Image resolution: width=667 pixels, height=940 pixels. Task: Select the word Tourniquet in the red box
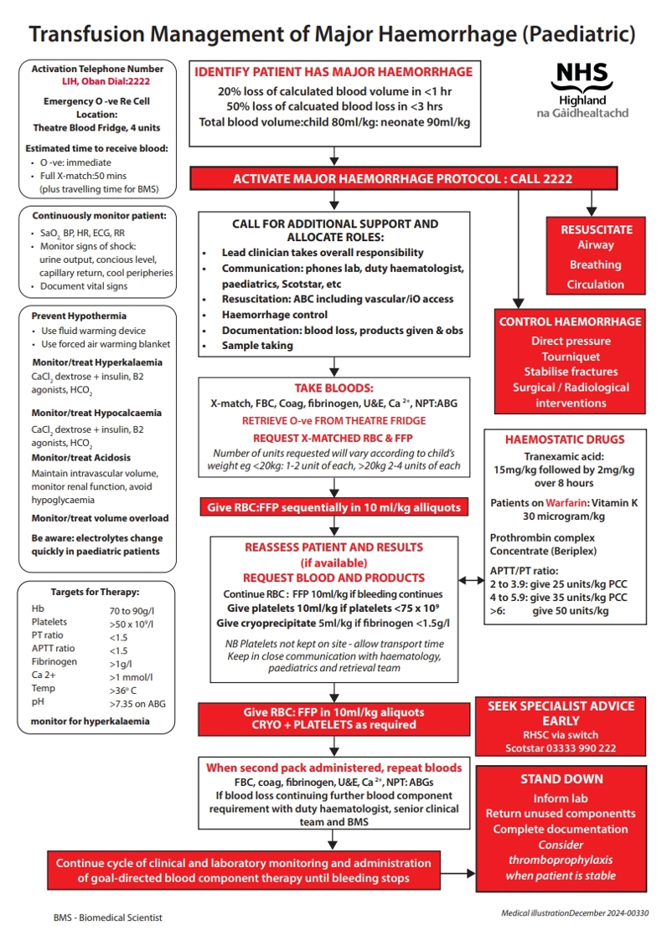(571, 357)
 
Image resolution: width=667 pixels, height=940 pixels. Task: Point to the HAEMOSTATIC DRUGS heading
(564, 439)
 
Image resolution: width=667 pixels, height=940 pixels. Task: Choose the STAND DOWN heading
(561, 779)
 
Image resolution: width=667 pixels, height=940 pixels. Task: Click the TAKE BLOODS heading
(333, 388)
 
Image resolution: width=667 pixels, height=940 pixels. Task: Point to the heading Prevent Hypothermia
(79, 316)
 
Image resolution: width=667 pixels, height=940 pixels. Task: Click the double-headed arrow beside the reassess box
(470, 580)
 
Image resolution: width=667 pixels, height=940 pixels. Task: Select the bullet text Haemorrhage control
(274, 315)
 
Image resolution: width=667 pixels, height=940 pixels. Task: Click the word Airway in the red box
(595, 245)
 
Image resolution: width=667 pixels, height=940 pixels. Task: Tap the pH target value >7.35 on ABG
(137, 704)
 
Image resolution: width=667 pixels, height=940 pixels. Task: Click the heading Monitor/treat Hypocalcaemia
(96, 413)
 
